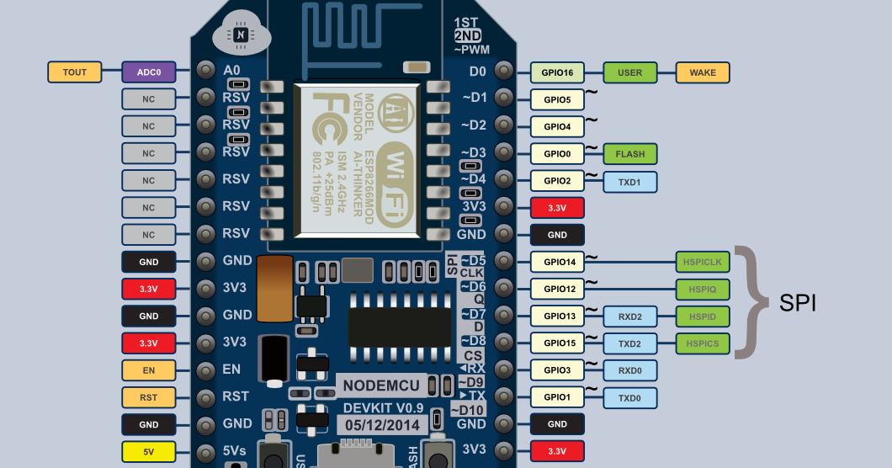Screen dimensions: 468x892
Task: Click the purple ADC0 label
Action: tap(149, 72)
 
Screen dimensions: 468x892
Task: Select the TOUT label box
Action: tap(75, 72)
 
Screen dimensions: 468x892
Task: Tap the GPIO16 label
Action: tap(558, 72)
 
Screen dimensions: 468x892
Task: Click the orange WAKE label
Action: tap(703, 72)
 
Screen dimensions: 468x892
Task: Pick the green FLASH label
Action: tap(630, 154)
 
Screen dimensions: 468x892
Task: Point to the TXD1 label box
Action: tap(630, 181)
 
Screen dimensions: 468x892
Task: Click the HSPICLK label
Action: tap(703, 263)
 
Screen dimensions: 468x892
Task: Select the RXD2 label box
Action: tap(630, 316)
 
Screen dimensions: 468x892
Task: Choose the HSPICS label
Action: tap(703, 343)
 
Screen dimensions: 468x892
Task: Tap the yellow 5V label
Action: tap(149, 451)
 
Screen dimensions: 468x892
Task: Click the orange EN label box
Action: tap(149, 370)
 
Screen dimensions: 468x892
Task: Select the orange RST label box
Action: tap(149, 397)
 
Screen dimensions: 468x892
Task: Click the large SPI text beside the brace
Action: tap(799, 304)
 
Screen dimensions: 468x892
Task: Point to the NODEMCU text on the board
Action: tap(381, 386)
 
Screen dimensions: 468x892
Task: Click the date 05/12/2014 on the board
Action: tap(381, 425)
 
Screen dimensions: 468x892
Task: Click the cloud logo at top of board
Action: tap(242, 35)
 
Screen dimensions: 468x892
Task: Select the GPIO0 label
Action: tap(558, 154)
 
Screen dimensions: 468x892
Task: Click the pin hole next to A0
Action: tap(204, 72)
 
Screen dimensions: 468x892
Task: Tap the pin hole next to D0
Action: tap(503, 72)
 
